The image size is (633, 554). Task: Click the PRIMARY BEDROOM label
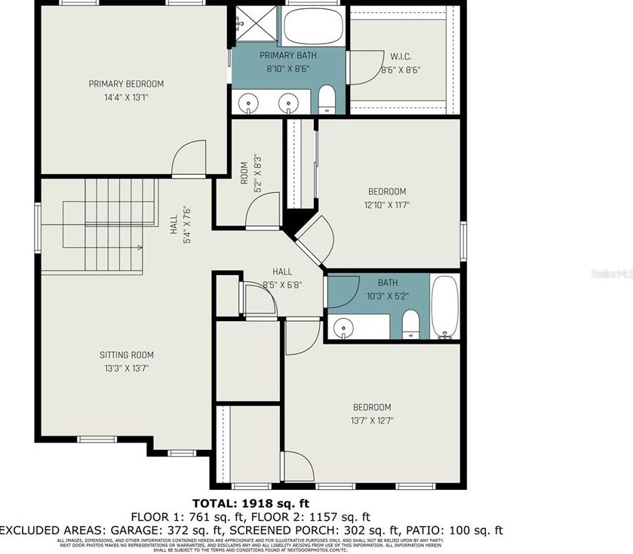point(126,84)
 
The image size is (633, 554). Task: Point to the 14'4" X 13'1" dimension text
point(126,97)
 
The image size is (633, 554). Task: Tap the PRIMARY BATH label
point(288,56)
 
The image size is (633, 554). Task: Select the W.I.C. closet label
point(401,56)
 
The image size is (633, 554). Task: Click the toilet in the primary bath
point(327,100)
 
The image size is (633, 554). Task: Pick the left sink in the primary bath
point(248,102)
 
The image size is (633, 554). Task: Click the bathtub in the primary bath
point(314,26)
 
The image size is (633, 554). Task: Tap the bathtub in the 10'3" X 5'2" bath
point(444,308)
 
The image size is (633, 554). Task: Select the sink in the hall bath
point(345,327)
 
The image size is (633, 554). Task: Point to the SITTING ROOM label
point(127,355)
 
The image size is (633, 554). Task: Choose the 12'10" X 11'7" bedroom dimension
point(387,204)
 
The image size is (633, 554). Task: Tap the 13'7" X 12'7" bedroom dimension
point(371,421)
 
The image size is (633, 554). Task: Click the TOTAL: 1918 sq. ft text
point(250,503)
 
